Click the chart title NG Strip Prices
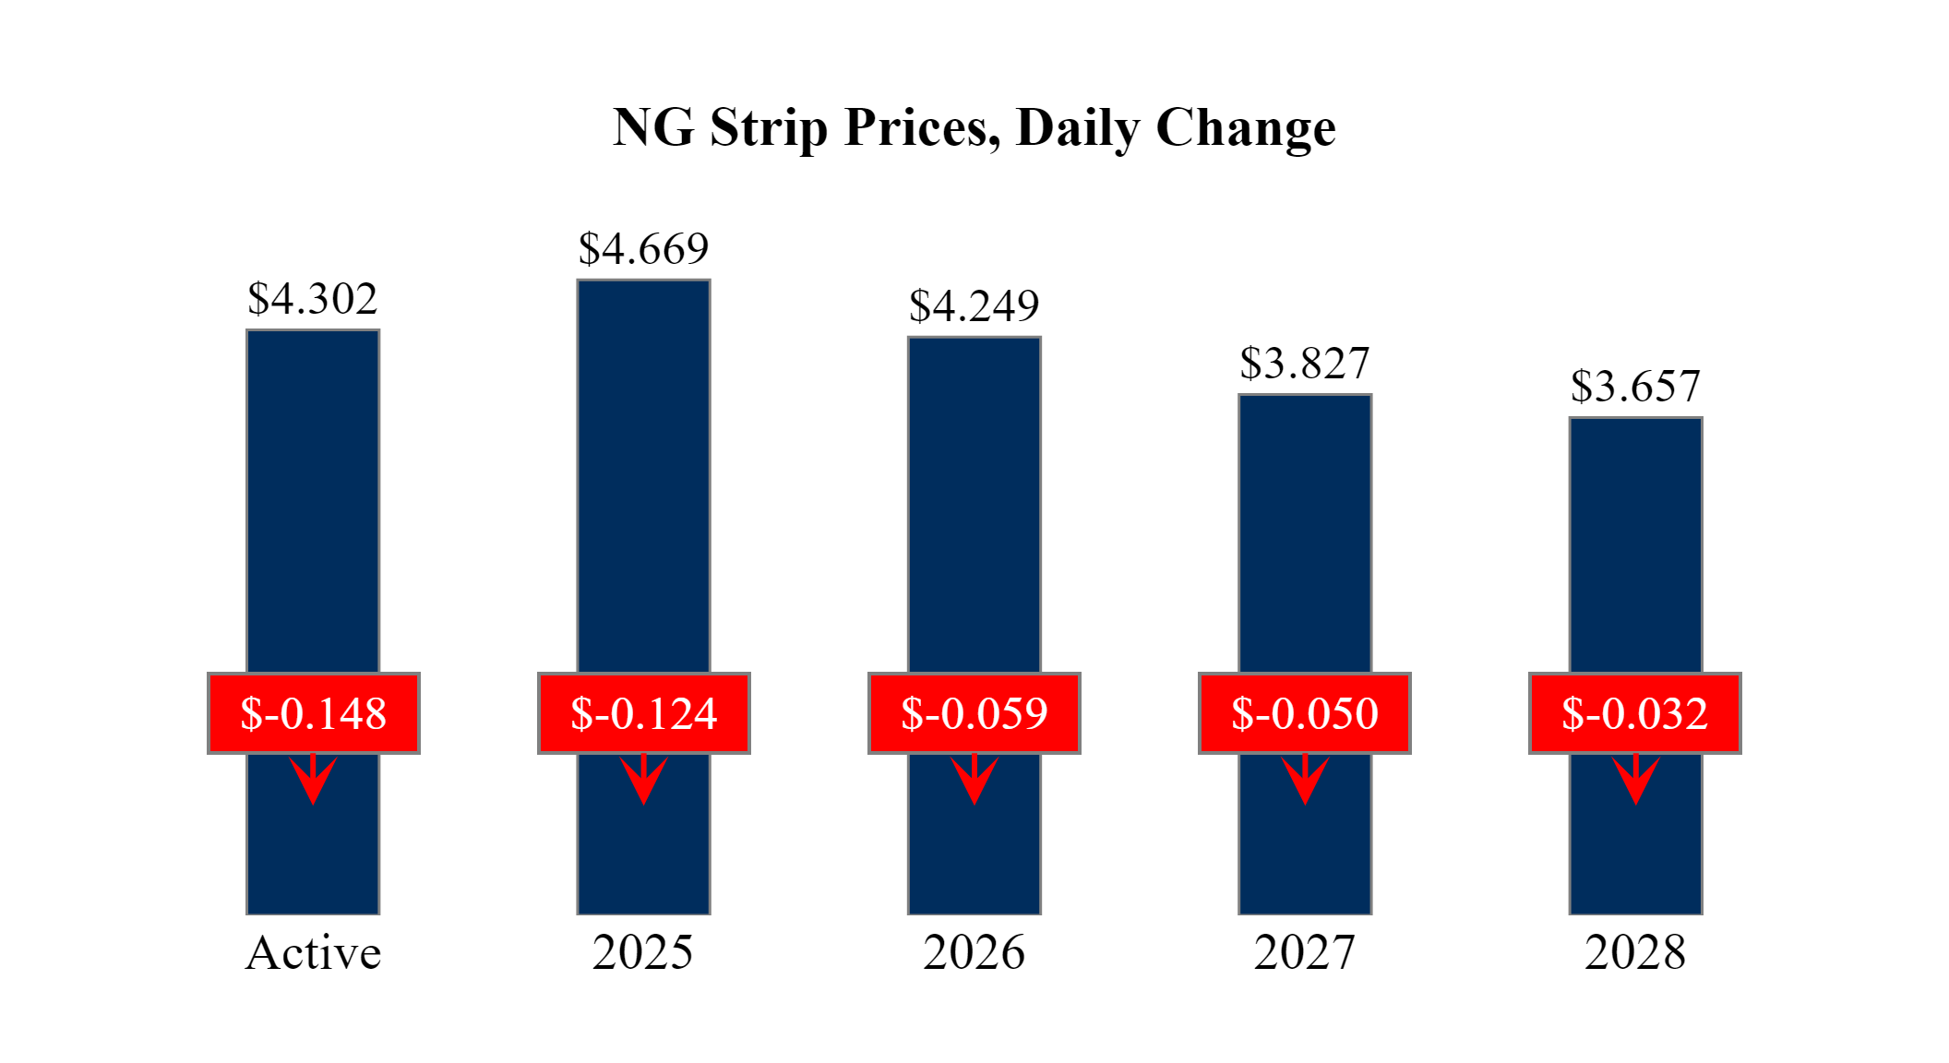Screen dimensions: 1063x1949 tap(974, 127)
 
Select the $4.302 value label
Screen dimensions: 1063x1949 tap(313, 299)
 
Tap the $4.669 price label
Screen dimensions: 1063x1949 tap(643, 249)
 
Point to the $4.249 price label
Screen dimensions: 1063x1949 tap(974, 306)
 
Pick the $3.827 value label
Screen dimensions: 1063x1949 tap(1304, 364)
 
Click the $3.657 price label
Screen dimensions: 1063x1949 tap(1635, 387)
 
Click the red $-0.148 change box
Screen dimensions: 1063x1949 tap(314, 713)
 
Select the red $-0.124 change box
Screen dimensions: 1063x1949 tap(644, 713)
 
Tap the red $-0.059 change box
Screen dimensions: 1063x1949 tap(974, 713)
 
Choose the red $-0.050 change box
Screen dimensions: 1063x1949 tap(1305, 713)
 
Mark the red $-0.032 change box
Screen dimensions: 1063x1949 tap(1635, 713)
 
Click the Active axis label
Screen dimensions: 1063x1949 tap(313, 953)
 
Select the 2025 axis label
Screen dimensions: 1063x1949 tap(643, 953)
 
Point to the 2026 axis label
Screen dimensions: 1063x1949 tap(974, 953)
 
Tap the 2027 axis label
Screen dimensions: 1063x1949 tap(1304, 953)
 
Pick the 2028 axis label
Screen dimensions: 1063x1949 tap(1635, 953)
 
